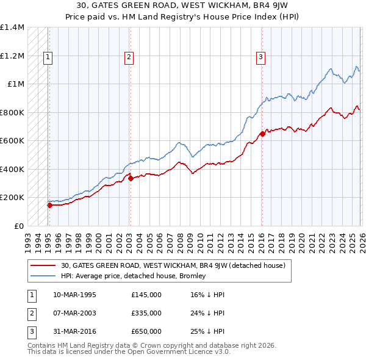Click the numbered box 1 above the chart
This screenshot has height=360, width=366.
48,58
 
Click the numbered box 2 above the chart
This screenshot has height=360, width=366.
129,58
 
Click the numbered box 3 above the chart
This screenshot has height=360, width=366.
260,58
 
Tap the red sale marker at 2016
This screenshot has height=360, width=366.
262,134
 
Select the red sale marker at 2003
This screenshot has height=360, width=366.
131,178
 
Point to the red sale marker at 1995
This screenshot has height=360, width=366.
49,205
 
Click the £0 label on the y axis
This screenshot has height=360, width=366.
18,226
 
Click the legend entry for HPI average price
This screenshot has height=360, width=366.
133,276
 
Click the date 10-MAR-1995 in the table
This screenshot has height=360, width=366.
74,295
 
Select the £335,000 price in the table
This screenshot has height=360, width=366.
146,313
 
